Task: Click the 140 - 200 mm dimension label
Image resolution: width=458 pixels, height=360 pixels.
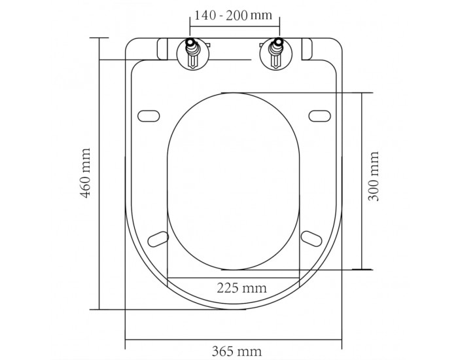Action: [x=233, y=15]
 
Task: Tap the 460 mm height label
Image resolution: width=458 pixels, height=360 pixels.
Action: [x=86, y=173]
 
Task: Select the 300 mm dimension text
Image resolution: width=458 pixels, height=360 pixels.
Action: [x=374, y=176]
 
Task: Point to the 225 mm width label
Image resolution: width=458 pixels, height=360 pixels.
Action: [x=242, y=288]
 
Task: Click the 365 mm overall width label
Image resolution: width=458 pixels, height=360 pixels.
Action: [x=237, y=351]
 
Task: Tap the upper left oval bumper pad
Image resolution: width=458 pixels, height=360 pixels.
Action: [x=149, y=116]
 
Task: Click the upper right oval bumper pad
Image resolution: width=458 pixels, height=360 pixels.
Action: [x=320, y=116]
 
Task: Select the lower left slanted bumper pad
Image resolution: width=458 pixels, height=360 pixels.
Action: [x=158, y=239]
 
